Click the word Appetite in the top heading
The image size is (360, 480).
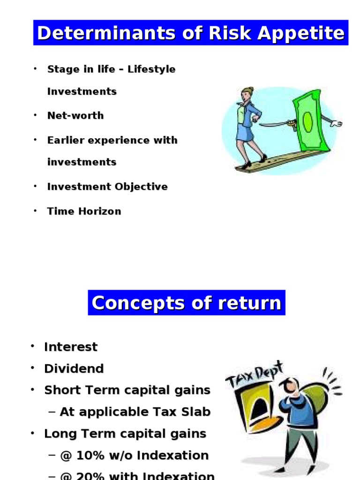pos(301,33)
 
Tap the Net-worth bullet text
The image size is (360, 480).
pos(75,115)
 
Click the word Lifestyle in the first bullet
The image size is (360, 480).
pos(151,69)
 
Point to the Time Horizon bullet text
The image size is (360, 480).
pos(84,211)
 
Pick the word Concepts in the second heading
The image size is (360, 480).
pos(138,303)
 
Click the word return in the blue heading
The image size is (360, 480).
pos(250,303)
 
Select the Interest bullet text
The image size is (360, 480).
pos(71,347)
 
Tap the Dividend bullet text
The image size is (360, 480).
pos(74,368)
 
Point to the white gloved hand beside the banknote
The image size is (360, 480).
pos(336,123)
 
